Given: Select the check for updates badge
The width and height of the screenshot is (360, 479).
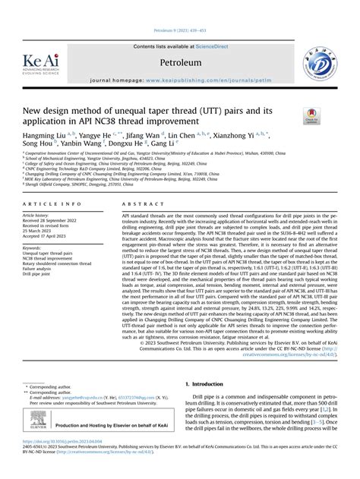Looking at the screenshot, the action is pyautogui.click(x=311, y=115).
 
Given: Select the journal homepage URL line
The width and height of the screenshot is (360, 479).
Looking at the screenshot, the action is pyautogui.click(x=181, y=79).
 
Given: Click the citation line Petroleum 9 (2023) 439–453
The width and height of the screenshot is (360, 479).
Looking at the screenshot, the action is pyautogui.click(x=180, y=33).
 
